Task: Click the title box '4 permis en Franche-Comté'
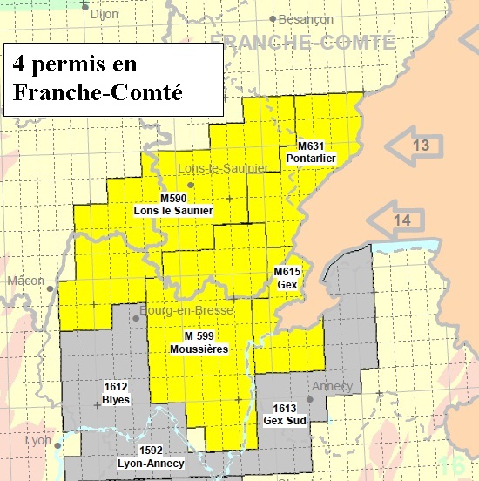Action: point(111,79)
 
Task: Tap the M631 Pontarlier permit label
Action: point(316,151)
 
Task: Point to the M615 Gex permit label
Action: point(287,278)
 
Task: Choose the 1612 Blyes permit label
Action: point(116,393)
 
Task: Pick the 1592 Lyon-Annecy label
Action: point(152,457)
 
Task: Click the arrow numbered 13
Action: point(414,146)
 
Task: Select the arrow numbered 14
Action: point(395,220)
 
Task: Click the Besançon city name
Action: point(306,18)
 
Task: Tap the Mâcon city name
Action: point(25,281)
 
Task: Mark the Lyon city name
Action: point(38,440)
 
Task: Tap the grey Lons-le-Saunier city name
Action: point(213,168)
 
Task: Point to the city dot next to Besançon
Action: point(273,18)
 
